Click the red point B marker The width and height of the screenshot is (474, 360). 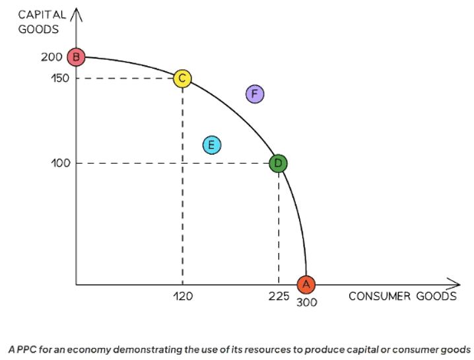pyautogui.click(x=77, y=57)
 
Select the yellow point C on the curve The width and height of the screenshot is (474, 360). pyautogui.click(x=182, y=79)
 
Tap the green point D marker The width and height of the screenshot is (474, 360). pyautogui.click(x=279, y=162)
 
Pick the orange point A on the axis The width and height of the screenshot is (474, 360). pyautogui.click(x=305, y=284)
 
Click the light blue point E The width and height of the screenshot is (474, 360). pyautogui.click(x=211, y=145)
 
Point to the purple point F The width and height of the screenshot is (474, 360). pyautogui.click(x=255, y=94)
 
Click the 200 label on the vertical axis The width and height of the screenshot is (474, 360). pyautogui.click(x=51, y=57)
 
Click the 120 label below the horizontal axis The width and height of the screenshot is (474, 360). pyautogui.click(x=183, y=297)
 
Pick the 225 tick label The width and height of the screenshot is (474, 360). pyautogui.click(x=279, y=297)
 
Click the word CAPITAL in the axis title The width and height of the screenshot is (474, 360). pyautogui.click(x=41, y=15)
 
